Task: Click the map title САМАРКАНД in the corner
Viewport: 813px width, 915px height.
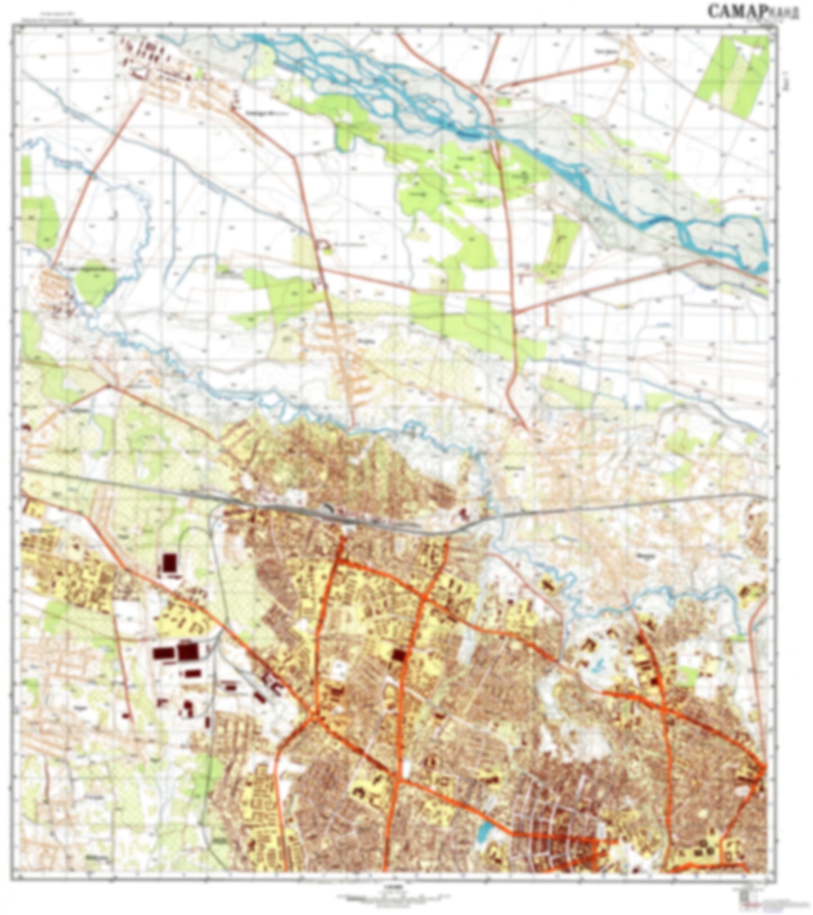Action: coord(752,11)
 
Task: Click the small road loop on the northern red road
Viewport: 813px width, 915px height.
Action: coord(323,244)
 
